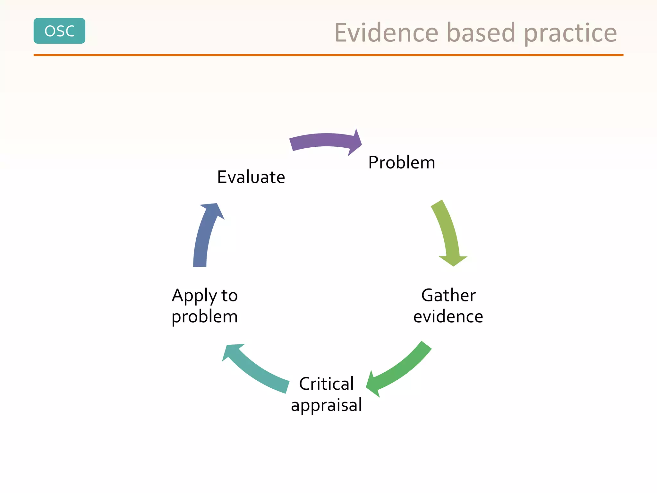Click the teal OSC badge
[x=59, y=31]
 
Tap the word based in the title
[x=481, y=33]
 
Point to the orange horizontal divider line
[x=328, y=55]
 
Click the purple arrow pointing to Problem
[x=321, y=141]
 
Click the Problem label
[x=402, y=162]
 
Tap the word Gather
[x=448, y=295]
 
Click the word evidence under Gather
[x=448, y=316]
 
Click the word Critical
[x=326, y=384]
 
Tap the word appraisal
[x=326, y=405]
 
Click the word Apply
[x=194, y=296]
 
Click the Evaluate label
[x=251, y=177]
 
